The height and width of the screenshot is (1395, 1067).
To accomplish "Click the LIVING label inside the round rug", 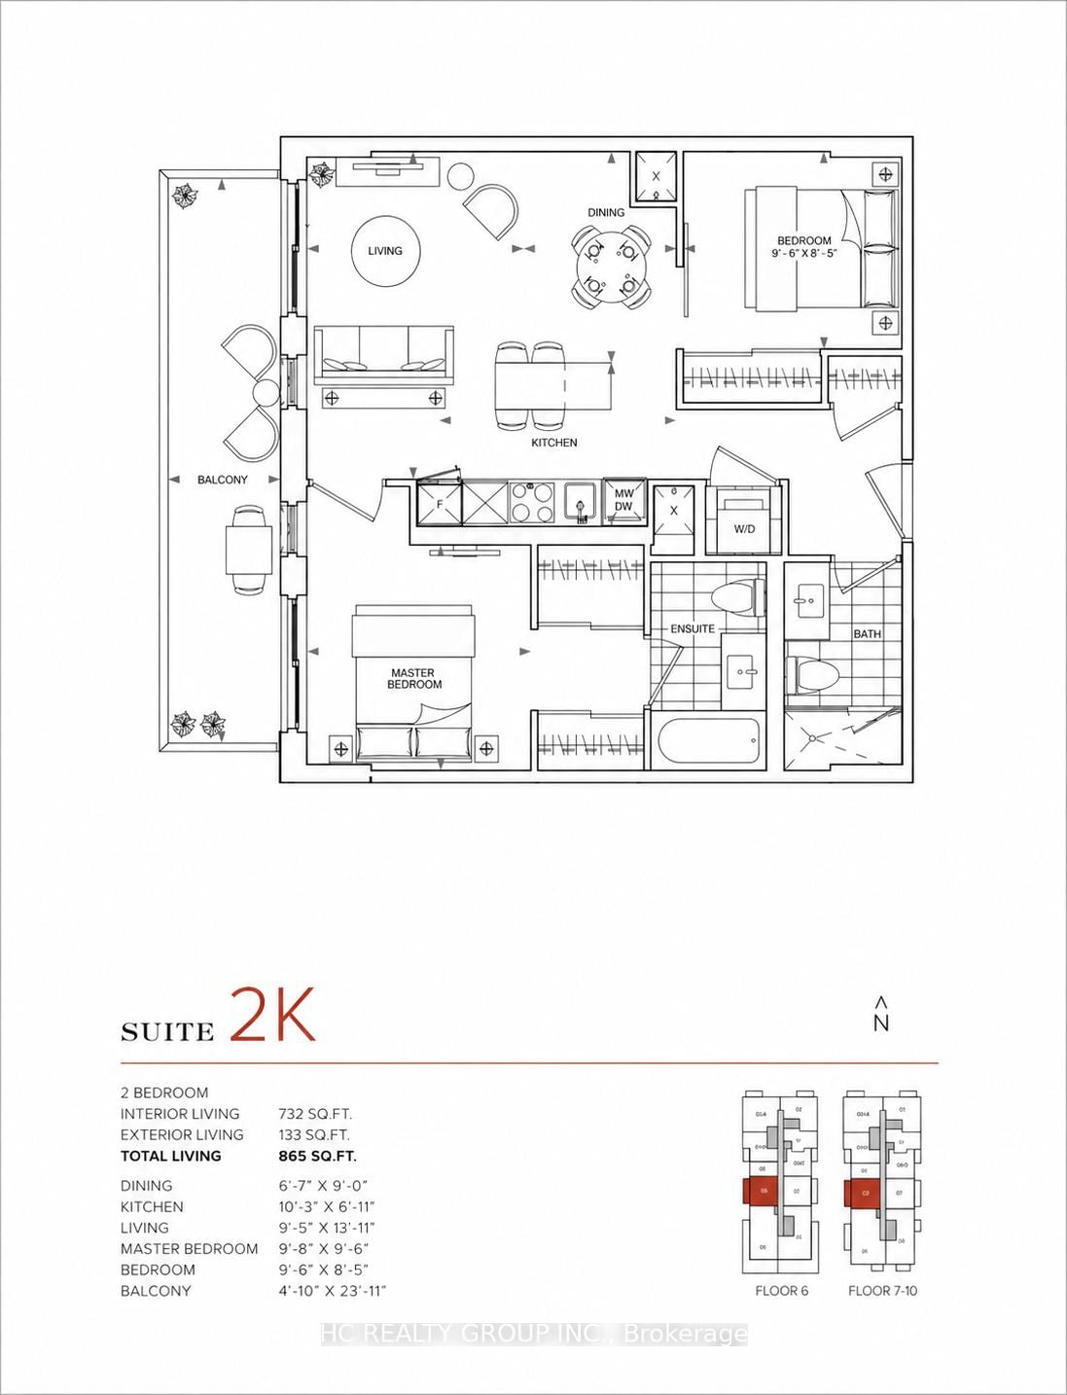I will click(384, 251).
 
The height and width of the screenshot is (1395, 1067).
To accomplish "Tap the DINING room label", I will click(606, 212).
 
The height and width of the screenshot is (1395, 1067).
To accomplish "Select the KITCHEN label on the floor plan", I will click(554, 443).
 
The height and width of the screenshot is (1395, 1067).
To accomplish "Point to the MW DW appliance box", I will click(623, 500).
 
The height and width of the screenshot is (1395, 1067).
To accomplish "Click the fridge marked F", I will click(439, 504).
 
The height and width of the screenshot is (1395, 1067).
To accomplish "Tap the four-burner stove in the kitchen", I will click(532, 503).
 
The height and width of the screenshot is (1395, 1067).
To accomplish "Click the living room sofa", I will click(383, 354).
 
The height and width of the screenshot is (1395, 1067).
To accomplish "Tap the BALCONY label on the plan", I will click(223, 480).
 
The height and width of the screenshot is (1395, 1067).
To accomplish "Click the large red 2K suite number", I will click(273, 1016).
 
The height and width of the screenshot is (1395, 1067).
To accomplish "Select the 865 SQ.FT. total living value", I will click(317, 1156).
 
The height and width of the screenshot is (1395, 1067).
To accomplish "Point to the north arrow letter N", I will click(881, 1022).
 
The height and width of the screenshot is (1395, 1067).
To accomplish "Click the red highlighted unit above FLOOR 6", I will click(764, 1191).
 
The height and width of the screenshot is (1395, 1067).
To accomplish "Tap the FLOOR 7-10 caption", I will click(882, 1291).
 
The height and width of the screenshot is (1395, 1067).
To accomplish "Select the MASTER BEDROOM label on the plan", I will click(414, 678).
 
